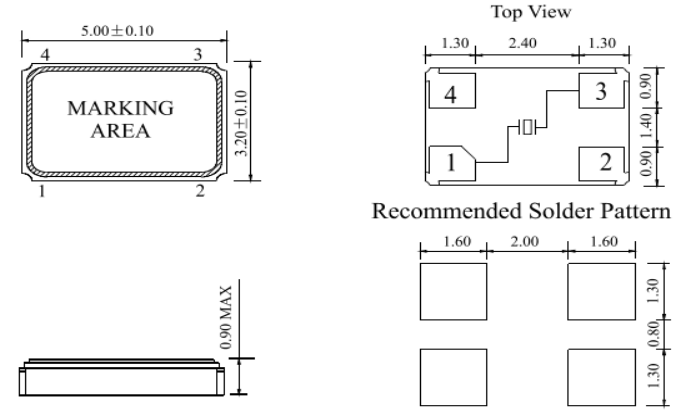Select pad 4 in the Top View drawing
coord(452,95)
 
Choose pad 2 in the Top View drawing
coord(602,163)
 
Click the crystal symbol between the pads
coord(527,127)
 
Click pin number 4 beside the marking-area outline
coord(43,52)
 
